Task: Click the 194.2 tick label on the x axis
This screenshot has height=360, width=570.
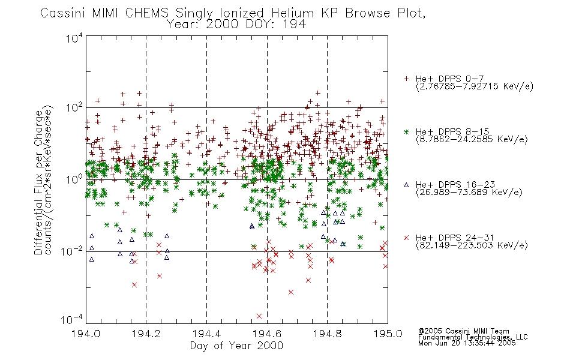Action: [146, 334]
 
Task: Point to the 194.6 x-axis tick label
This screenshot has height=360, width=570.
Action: [267, 334]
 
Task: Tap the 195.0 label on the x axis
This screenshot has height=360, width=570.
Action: [388, 334]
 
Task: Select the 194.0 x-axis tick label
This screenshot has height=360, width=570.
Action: [86, 334]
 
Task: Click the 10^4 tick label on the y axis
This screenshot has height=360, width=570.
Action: [74, 38]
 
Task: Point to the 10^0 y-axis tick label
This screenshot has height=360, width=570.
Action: [74, 179]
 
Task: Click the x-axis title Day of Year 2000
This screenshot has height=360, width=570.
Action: [236, 346]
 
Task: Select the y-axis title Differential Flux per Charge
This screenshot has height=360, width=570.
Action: [38, 182]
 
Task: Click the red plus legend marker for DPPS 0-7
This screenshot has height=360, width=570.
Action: [406, 79]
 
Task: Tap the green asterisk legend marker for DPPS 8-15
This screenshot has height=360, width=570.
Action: [406, 131]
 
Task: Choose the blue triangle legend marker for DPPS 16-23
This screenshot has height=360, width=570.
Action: [406, 185]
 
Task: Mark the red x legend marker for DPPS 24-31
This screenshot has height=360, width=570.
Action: [406, 238]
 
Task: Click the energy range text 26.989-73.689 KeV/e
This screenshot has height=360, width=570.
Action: [469, 193]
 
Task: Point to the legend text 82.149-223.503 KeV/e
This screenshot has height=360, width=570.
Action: [472, 245]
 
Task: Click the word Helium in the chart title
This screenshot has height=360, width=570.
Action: [292, 13]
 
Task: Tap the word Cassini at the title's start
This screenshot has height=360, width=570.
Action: [63, 13]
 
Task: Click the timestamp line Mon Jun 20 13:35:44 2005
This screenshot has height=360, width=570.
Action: [467, 343]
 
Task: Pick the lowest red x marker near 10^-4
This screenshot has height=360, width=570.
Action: [259, 316]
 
